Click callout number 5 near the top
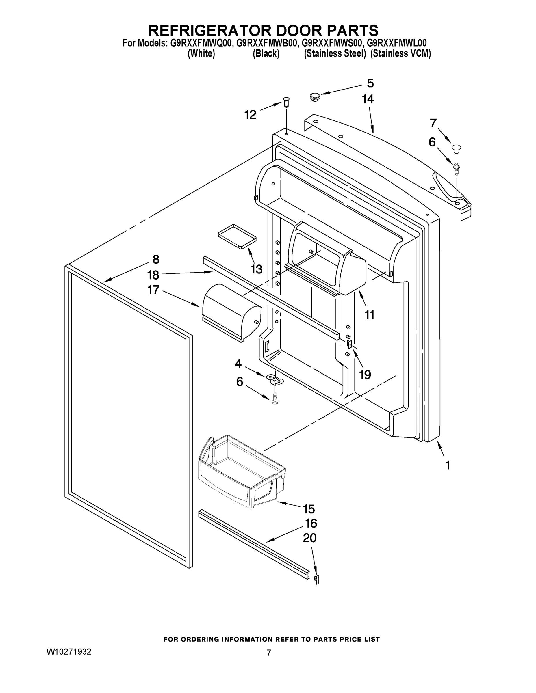(370, 83)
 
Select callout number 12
(250, 115)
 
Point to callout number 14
(368, 99)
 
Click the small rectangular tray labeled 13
(237, 236)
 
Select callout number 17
(153, 290)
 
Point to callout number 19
(365, 375)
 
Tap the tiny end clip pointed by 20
(316, 579)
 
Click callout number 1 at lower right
(448, 465)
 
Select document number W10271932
(69, 651)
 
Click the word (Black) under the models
(266, 54)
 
